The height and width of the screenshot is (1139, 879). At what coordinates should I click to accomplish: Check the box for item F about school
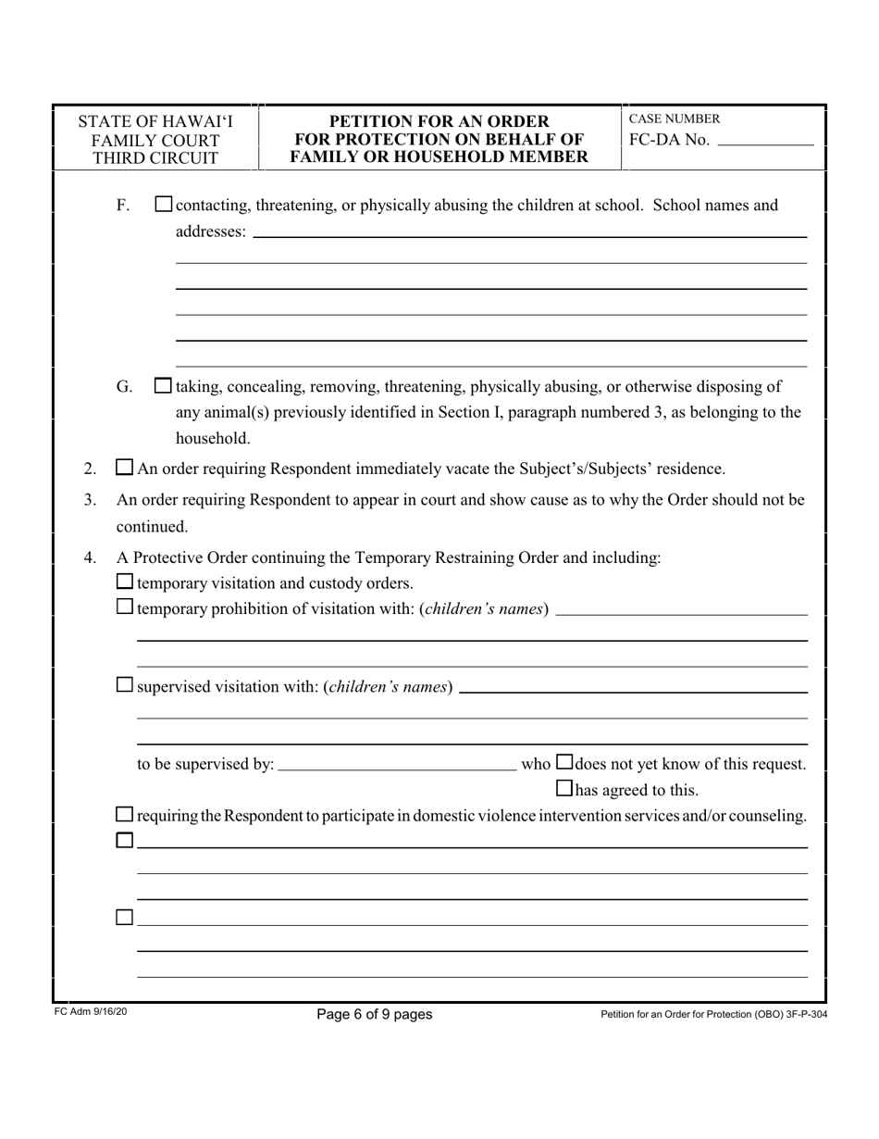click(x=163, y=205)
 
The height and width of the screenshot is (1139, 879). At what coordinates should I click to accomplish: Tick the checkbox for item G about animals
click(x=163, y=385)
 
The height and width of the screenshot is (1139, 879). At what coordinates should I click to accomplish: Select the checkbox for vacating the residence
click(x=124, y=469)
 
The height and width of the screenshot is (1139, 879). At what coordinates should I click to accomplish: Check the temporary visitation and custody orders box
click(x=124, y=582)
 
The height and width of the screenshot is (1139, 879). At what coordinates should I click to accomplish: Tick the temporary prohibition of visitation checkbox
click(x=124, y=608)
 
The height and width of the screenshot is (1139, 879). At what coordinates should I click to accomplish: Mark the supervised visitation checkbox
click(x=124, y=686)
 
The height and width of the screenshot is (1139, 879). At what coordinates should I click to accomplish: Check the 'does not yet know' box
click(x=564, y=763)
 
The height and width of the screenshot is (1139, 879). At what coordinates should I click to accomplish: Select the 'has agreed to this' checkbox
click(x=564, y=789)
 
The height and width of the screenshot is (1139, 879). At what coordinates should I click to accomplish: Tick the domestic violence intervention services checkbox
click(x=124, y=815)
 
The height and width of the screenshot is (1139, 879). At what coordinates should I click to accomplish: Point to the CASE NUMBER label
click(x=674, y=119)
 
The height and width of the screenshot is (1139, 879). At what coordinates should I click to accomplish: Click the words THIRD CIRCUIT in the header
click(x=155, y=158)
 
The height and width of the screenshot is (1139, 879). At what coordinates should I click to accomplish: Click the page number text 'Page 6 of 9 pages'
click(x=374, y=1014)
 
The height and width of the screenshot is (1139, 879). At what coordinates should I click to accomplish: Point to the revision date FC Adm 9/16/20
click(x=91, y=1013)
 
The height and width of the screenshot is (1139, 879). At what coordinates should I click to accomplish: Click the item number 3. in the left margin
click(x=90, y=500)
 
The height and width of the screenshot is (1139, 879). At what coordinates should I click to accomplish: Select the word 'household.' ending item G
click(x=213, y=437)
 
